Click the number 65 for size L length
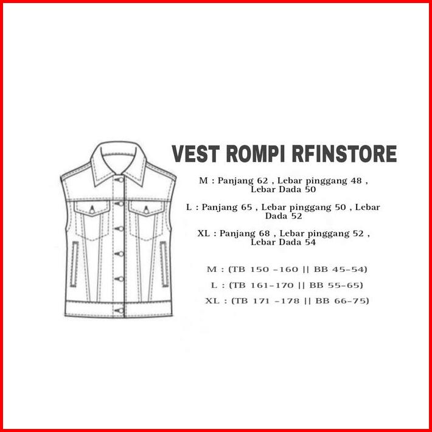click(246, 207)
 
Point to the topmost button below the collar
click(120, 180)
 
